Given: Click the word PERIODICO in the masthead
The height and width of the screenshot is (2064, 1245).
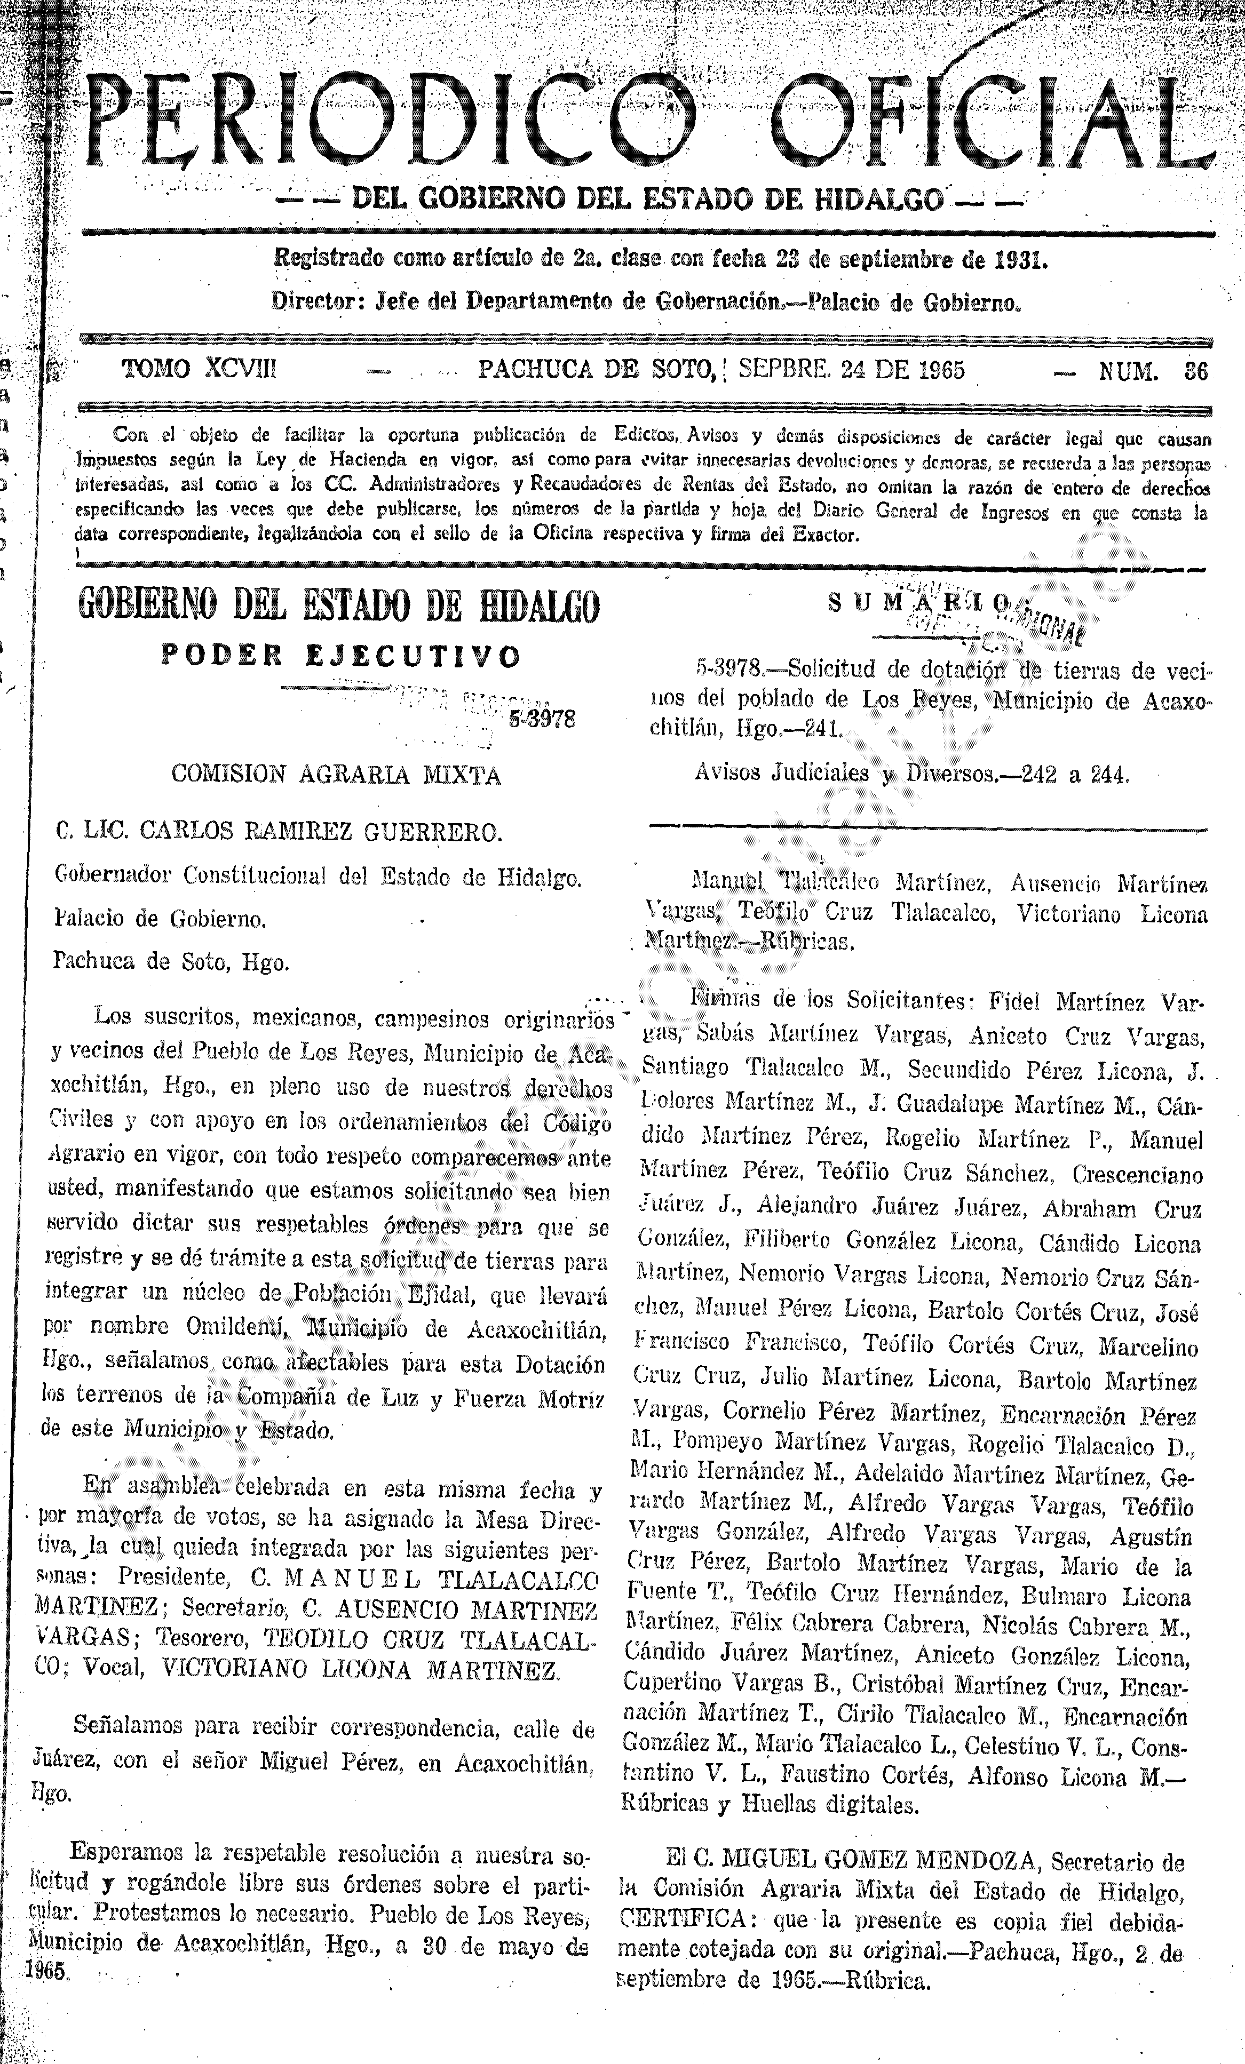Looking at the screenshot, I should coord(394,122).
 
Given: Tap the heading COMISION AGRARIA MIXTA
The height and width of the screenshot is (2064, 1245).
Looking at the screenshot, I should coord(336,775).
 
